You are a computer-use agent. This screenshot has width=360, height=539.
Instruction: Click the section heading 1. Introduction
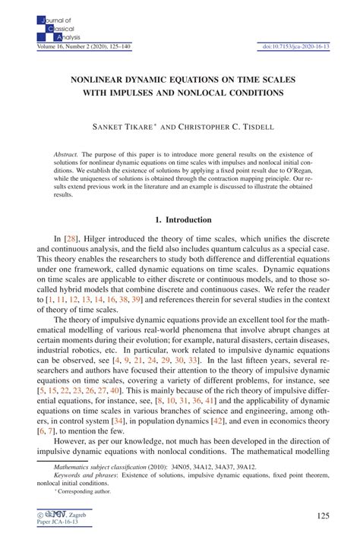[179, 221]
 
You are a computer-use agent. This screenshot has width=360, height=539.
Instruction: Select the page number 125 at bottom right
[322, 518]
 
